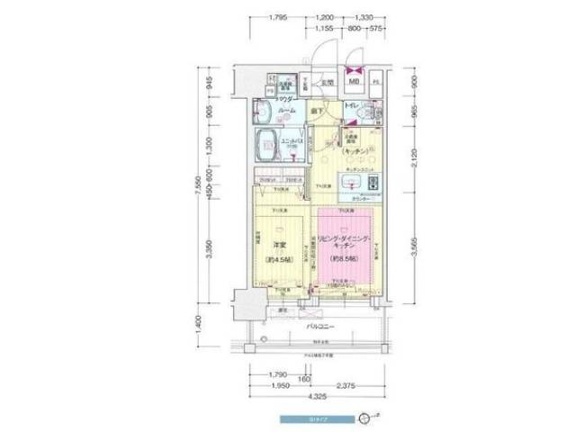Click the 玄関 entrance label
[330, 83]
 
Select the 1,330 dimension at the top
[364, 17]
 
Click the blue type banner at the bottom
[314, 418]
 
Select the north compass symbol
[363, 418]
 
